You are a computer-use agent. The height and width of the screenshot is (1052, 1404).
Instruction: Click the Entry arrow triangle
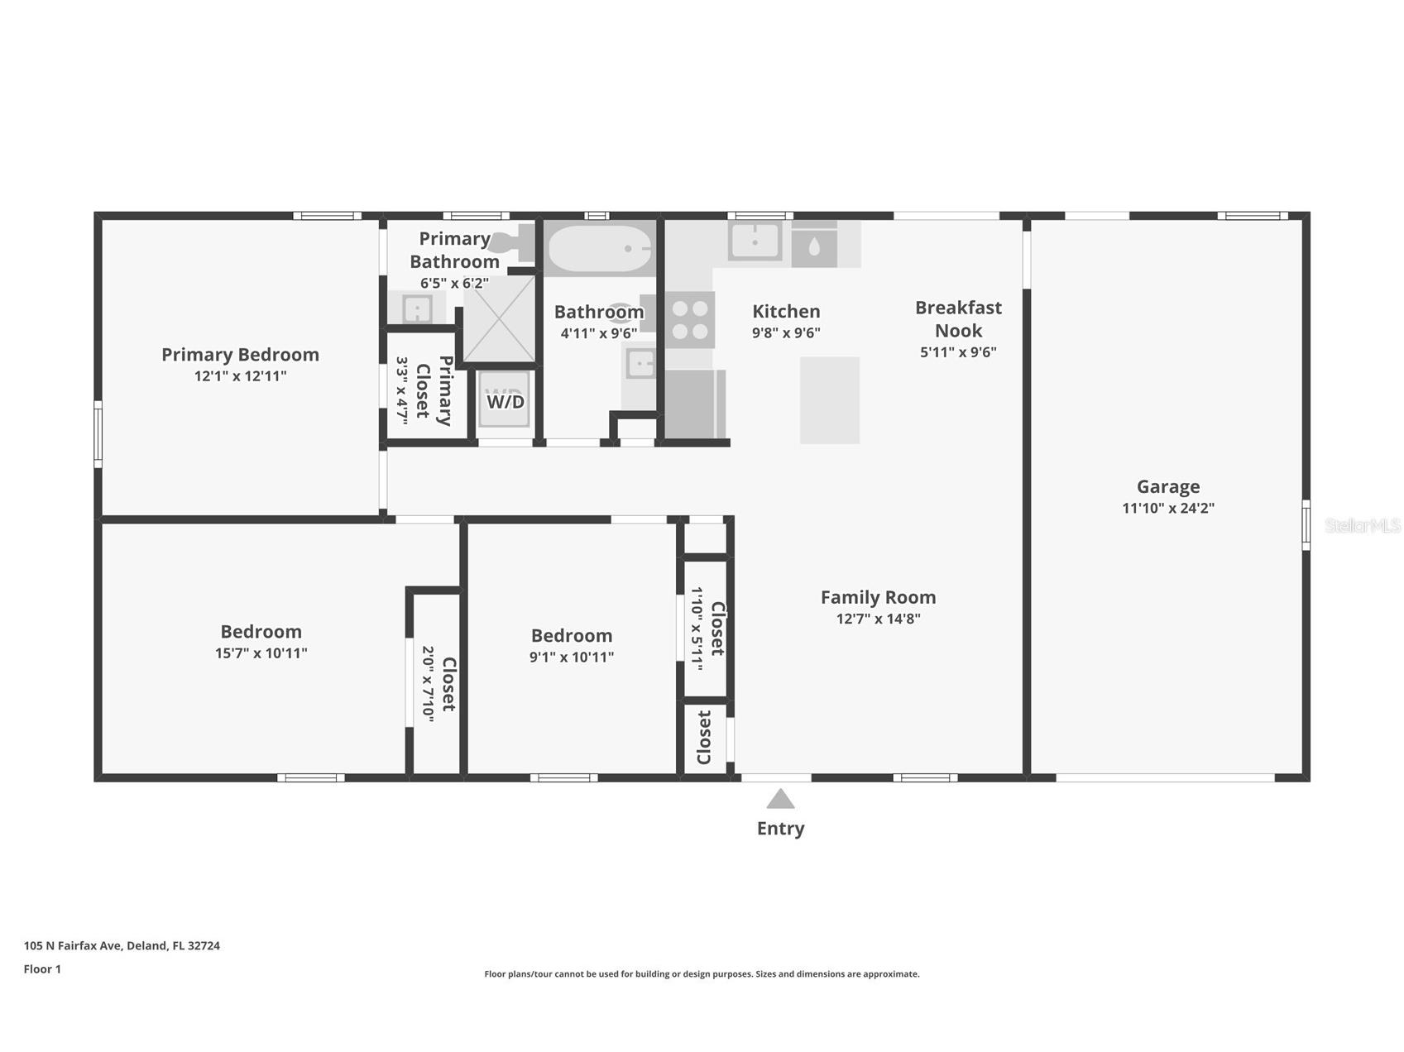point(780,799)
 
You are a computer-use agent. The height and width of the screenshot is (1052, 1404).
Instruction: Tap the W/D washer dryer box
point(504,399)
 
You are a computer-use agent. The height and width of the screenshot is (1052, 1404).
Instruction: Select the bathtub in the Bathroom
point(599,248)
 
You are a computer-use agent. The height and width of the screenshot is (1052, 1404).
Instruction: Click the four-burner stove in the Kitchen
point(690,320)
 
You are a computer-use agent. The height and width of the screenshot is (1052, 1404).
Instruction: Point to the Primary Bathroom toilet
point(511,242)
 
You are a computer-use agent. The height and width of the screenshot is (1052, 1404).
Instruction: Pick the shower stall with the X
point(499,319)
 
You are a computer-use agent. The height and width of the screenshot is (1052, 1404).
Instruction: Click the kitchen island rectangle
point(829,400)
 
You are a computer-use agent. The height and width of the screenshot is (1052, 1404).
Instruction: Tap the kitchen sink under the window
point(755,241)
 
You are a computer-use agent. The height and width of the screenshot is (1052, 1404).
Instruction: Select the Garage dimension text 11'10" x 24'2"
point(1167,508)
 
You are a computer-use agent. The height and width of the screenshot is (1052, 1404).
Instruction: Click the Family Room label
point(878,597)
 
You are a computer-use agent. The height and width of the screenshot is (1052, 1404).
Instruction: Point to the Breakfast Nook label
point(958,319)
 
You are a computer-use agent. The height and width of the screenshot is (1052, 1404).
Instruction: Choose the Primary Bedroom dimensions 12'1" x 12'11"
point(240,375)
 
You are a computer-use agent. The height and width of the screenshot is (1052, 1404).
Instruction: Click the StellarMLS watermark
point(1363,525)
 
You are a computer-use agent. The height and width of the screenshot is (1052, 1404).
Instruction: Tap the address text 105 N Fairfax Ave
point(73,945)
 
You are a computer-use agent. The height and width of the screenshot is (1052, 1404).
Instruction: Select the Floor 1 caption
point(42,968)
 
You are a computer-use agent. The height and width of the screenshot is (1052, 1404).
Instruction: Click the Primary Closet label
point(434,390)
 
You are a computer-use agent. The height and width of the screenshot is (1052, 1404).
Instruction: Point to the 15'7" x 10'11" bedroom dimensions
point(261,653)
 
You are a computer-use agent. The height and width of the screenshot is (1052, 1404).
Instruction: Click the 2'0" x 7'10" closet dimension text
point(428,684)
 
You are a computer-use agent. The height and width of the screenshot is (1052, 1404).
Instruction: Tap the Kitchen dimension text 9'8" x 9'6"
point(786,332)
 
